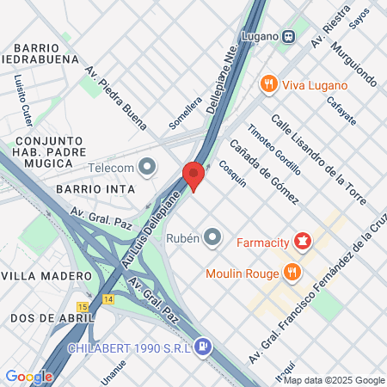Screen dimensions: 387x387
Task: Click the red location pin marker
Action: pos(193,175)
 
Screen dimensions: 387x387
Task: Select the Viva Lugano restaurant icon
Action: pos(269,84)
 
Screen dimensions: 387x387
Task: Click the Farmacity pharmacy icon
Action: pos(302,241)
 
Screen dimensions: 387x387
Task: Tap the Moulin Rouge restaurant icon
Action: pos(293,273)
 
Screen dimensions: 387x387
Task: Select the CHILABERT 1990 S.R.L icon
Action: pos(202,347)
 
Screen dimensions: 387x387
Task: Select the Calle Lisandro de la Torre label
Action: pos(318,160)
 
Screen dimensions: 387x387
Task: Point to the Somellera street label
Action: pos(185,113)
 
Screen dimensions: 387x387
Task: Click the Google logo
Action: pos(28,376)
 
